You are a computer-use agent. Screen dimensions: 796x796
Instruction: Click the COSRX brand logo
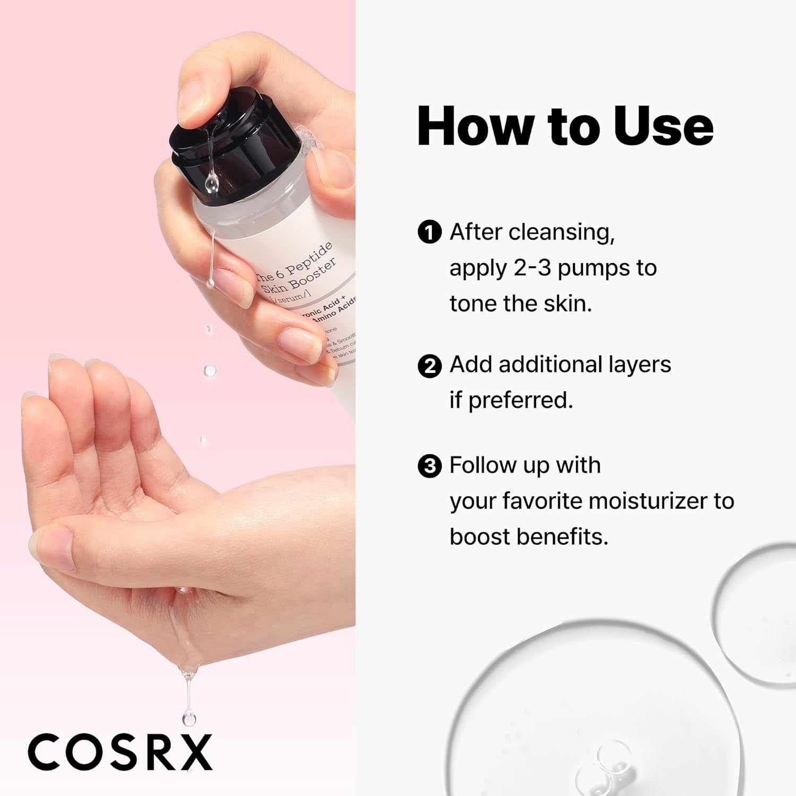pyautogui.click(x=120, y=751)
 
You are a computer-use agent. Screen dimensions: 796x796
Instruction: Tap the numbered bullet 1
pyautogui.click(x=429, y=233)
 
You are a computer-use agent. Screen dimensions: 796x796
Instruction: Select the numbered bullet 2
pyautogui.click(x=429, y=366)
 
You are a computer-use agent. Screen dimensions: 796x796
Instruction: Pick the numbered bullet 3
pyautogui.click(x=429, y=466)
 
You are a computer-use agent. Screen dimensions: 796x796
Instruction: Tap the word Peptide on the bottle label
pyautogui.click(x=310, y=260)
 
